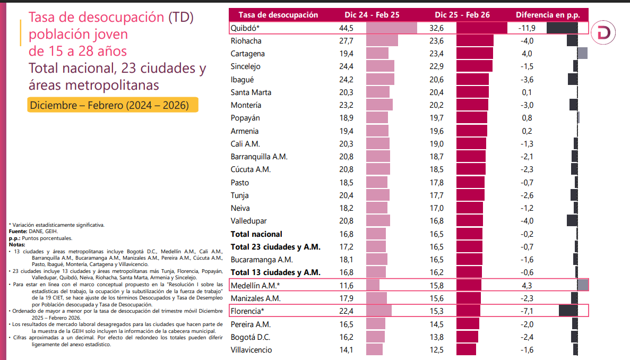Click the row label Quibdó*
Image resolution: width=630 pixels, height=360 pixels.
pos(245,28)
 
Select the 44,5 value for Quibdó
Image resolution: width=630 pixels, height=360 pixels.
pos(345,28)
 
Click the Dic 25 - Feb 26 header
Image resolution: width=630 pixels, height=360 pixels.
pos(462,15)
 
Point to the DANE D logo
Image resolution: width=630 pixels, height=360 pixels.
pos(604,32)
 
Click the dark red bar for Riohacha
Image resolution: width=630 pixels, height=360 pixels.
pos(474,41)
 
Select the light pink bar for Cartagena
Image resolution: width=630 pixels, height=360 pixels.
pos(377,54)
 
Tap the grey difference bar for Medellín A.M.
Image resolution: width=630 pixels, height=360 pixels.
pos(582,285)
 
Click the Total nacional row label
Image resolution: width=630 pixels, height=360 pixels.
pos(256,234)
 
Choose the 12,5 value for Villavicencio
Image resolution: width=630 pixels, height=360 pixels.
pos(436,350)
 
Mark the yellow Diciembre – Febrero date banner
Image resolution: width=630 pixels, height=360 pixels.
pos(113,105)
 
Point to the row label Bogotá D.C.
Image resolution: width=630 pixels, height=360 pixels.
pos(250,337)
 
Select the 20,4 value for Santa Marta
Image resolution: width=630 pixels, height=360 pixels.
pos(436,92)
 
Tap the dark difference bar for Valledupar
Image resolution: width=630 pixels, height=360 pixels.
pos(572,221)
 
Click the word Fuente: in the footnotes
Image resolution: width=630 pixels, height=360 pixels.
pos(18,231)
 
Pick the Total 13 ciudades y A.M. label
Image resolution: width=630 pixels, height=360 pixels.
pos(275,272)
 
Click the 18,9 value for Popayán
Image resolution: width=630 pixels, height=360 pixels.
pos(345,118)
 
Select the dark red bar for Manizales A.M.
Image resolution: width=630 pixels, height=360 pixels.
pos(468,298)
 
